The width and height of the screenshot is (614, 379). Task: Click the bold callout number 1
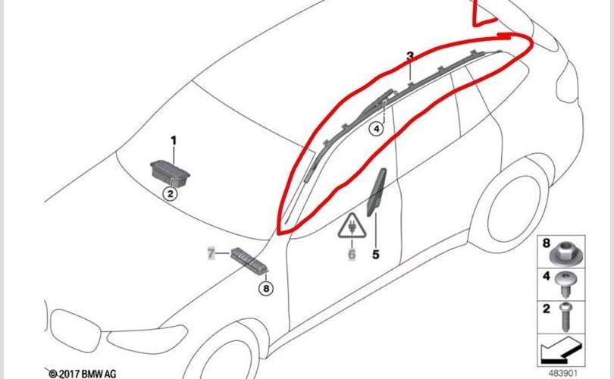tap(174, 140)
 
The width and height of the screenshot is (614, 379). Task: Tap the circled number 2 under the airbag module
tap(171, 193)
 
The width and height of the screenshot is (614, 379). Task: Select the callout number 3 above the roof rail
tap(410, 56)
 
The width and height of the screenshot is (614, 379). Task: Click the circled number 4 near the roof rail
tap(376, 128)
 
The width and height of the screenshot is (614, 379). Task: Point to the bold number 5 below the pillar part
tap(375, 255)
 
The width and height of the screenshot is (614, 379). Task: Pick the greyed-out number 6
tap(352, 254)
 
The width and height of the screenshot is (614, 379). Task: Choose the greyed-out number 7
tap(211, 254)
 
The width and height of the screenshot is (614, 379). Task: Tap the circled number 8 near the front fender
tap(266, 289)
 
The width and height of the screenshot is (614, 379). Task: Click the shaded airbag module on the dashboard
tap(171, 174)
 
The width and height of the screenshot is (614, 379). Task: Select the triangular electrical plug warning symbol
tap(352, 227)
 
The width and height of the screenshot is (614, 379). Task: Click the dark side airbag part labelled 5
tap(376, 192)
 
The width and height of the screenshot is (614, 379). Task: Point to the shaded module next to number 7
tap(249, 261)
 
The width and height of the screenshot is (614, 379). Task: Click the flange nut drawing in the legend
tap(566, 253)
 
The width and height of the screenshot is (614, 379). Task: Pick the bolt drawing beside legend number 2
tap(565, 316)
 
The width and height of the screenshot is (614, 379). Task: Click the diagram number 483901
tap(562, 373)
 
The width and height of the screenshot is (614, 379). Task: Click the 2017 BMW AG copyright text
tap(83, 374)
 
